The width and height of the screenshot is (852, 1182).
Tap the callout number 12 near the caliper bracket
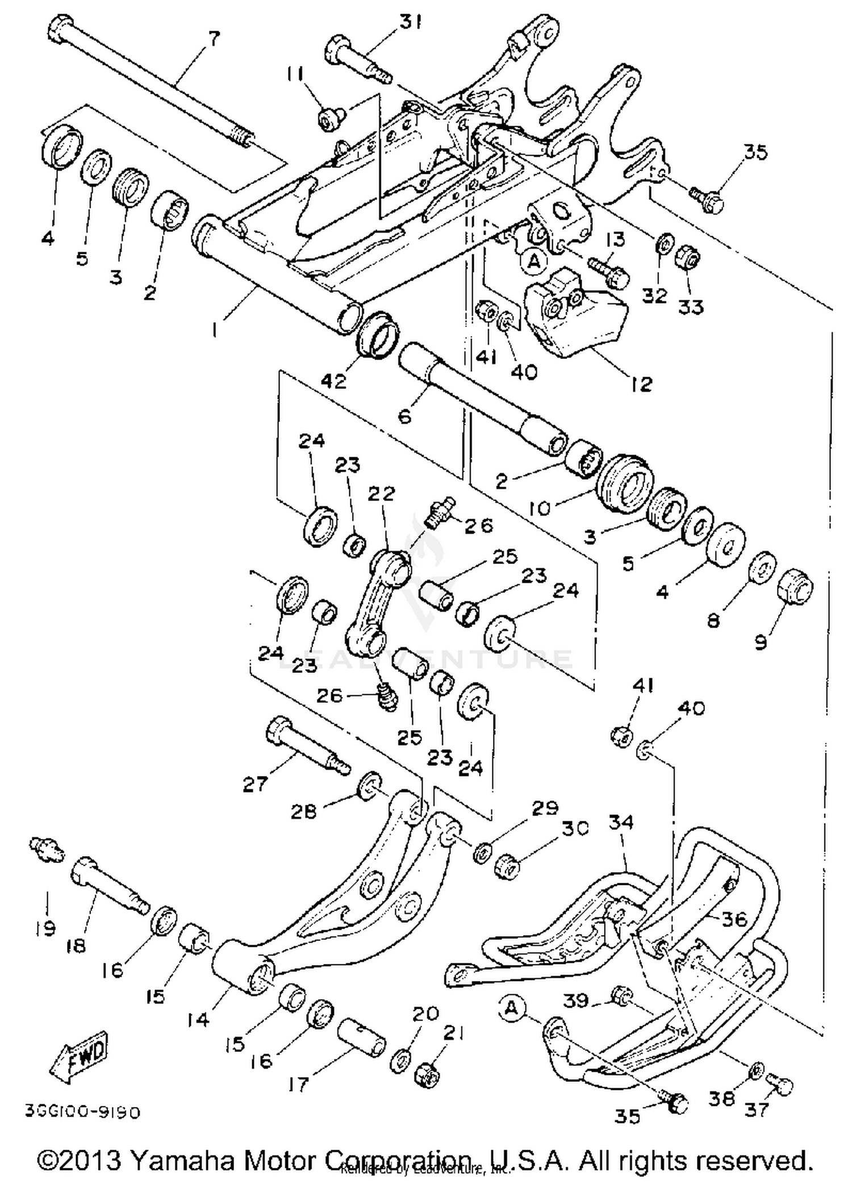tap(641, 384)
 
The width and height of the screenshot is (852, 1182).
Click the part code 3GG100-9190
tap(82, 1110)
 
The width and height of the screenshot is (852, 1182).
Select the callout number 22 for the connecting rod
tap(381, 493)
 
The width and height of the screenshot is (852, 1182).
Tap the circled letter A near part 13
tap(533, 261)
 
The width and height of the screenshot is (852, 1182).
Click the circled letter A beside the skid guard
tap(512, 1007)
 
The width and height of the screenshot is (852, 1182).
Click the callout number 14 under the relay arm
tap(199, 1020)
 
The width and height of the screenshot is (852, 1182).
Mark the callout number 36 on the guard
tap(733, 919)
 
